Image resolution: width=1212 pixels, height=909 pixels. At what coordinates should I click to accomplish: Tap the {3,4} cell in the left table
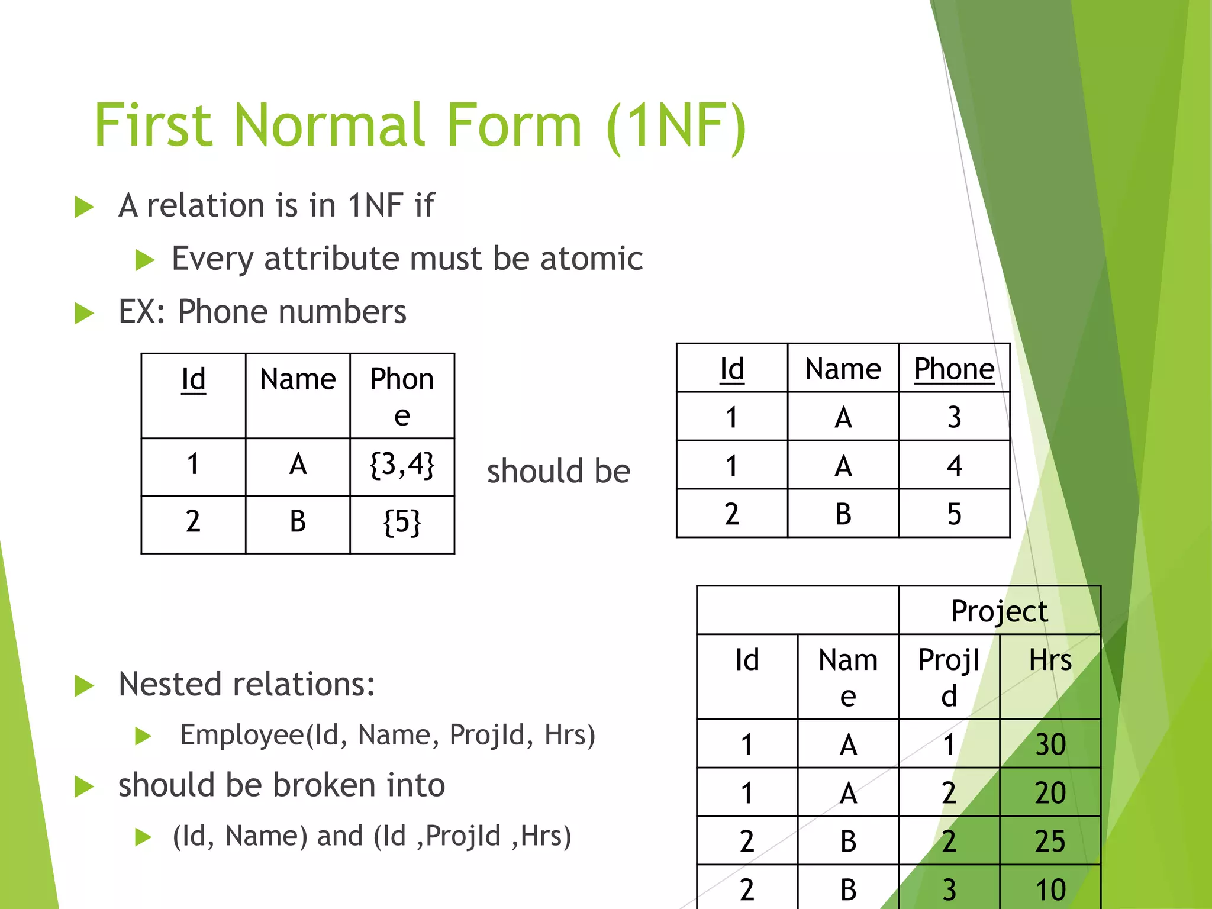(402, 465)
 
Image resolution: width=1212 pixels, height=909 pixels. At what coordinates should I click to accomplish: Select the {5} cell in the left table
(402, 523)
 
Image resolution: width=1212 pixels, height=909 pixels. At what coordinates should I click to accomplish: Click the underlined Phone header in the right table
(954, 369)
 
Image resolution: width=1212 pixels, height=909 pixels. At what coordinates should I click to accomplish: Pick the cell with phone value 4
(954, 465)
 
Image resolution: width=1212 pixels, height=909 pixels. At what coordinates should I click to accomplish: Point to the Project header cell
(999, 611)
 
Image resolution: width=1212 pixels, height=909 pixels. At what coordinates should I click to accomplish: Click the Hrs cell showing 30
(1050, 744)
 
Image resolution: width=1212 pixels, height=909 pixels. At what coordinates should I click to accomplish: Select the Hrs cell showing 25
(1050, 841)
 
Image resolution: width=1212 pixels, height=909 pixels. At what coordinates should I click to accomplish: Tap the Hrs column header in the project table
(1050, 660)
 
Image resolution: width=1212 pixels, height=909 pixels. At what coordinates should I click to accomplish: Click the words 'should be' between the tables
(558, 471)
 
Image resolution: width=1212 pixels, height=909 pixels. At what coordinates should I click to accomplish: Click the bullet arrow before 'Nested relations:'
(85, 686)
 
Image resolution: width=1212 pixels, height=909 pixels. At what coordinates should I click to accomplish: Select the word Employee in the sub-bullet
(242, 735)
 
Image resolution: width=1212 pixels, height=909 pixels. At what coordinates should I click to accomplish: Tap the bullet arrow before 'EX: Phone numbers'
(85, 313)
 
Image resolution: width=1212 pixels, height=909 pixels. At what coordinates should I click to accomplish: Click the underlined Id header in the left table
(194, 379)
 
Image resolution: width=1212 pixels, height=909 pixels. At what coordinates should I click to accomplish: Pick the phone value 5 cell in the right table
(954, 514)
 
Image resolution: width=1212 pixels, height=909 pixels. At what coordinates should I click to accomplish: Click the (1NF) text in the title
(676, 125)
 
